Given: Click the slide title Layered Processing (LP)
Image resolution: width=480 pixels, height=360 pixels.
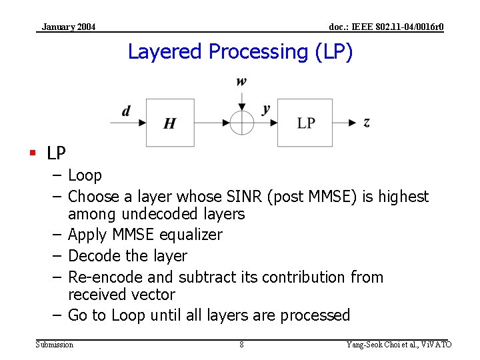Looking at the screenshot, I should point(240,51).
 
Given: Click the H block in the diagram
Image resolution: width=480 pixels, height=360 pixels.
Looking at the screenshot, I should point(170,123).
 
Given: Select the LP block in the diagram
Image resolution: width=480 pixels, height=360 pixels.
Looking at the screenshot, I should point(305,123).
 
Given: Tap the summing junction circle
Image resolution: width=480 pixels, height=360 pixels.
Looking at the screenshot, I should point(241,123).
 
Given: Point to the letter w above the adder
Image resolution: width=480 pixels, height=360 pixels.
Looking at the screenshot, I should point(241,81).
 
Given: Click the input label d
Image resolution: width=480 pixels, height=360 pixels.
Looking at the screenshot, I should point(126,111).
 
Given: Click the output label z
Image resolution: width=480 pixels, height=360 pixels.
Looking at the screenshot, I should point(367,123).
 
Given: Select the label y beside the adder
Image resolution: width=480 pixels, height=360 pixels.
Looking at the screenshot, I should point(266,109).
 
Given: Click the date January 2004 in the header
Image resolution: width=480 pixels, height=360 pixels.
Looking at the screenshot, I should point(68,27).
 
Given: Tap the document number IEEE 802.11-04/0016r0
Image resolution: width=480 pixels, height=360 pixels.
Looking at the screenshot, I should point(387,27).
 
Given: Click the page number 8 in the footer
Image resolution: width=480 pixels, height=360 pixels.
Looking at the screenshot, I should point(241,344).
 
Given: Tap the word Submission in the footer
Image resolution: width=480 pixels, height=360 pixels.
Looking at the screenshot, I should point(55,344).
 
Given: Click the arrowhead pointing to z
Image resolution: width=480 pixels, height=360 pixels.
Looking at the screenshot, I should point(353,123).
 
